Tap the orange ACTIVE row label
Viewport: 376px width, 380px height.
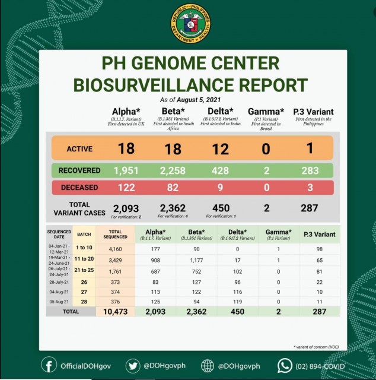click(x=79, y=148)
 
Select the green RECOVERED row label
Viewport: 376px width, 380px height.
click(x=79, y=170)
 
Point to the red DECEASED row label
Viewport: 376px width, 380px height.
click(x=79, y=187)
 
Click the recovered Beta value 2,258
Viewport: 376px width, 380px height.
click(x=173, y=170)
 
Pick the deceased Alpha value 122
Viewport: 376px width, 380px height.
click(x=125, y=187)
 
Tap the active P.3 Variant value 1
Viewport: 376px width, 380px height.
click(x=309, y=148)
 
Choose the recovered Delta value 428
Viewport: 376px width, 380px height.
click(x=220, y=170)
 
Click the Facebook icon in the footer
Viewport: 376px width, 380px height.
click(x=49, y=365)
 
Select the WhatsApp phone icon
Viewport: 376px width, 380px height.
click(x=286, y=365)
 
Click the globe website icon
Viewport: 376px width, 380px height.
click(x=208, y=365)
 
